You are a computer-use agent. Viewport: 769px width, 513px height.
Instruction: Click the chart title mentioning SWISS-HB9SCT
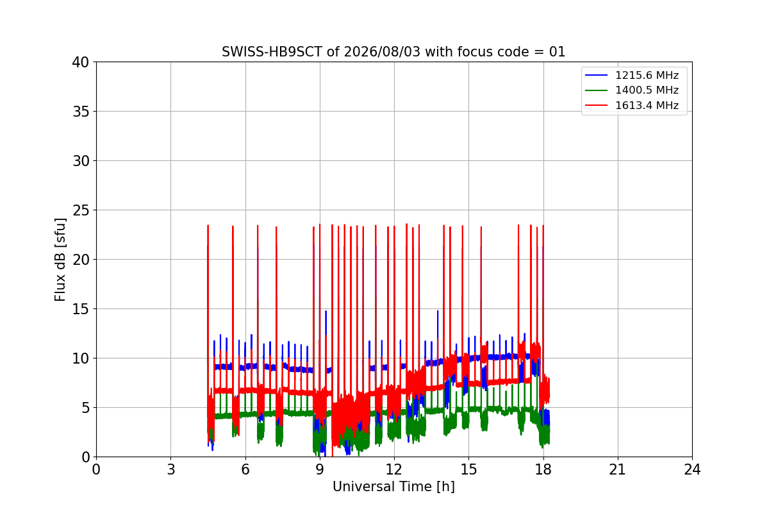point(393,52)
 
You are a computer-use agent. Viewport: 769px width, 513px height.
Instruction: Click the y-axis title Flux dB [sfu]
point(60,260)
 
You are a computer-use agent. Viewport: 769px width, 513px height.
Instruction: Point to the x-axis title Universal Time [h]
point(393,487)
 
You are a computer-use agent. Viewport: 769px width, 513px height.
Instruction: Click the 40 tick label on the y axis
point(80,62)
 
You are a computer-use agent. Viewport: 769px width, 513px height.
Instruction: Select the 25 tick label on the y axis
point(80,210)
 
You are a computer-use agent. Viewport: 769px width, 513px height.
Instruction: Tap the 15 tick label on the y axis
point(80,309)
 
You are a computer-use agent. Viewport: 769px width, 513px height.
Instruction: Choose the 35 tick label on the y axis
point(80,112)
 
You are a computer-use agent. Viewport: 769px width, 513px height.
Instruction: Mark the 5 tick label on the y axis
point(85,408)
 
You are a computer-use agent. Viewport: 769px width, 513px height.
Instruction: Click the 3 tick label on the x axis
point(171,469)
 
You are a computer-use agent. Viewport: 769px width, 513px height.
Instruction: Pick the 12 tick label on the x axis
point(394,469)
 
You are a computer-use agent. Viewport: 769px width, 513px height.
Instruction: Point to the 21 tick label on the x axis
point(618,469)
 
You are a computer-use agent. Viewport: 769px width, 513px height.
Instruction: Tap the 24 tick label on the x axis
point(692,469)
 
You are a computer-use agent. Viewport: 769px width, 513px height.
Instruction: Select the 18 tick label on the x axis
point(543,469)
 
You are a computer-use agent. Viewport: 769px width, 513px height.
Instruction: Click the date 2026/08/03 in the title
point(382,52)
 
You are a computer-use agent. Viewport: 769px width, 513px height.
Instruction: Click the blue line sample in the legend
point(597,75)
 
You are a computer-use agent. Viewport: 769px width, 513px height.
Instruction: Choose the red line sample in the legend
point(597,105)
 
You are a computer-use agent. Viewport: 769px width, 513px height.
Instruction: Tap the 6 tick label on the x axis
point(245,469)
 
